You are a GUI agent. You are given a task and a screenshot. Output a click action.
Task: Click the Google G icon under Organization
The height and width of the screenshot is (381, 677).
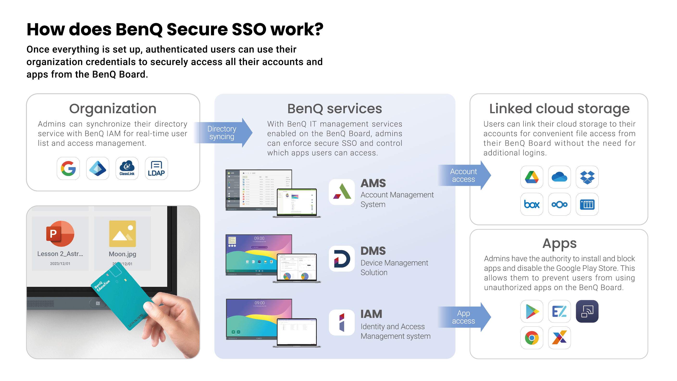pyautogui.click(x=68, y=168)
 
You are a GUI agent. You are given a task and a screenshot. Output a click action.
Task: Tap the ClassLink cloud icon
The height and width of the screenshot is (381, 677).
pyautogui.click(x=127, y=168)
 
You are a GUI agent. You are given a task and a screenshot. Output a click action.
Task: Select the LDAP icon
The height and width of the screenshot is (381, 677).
pyautogui.click(x=156, y=168)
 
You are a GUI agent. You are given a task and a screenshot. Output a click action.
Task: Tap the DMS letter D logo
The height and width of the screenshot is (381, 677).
pyautogui.click(x=342, y=258)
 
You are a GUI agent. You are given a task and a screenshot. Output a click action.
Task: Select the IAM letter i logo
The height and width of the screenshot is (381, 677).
pyautogui.click(x=342, y=322)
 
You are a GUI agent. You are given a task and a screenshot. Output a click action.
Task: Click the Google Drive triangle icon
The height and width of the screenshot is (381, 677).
pyautogui.click(x=532, y=177)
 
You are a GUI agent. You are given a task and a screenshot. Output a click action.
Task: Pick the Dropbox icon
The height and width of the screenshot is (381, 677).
pyautogui.click(x=587, y=177)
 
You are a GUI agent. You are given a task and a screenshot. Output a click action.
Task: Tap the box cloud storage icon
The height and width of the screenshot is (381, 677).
pyautogui.click(x=532, y=204)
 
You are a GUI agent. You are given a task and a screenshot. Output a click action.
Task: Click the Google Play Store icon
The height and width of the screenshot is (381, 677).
pyautogui.click(x=532, y=311)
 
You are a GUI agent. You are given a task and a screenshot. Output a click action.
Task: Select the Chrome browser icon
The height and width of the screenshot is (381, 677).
pyautogui.click(x=532, y=338)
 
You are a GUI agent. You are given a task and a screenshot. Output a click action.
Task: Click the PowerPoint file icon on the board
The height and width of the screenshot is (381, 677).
pyautogui.click(x=60, y=233)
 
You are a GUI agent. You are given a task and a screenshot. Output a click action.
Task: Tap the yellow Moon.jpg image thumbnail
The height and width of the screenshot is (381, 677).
pyautogui.click(x=123, y=233)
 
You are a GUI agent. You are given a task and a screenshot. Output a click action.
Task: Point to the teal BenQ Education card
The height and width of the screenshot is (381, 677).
pyautogui.click(x=124, y=297)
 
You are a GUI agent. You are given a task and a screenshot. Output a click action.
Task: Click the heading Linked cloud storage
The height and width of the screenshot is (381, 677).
pyautogui.click(x=559, y=109)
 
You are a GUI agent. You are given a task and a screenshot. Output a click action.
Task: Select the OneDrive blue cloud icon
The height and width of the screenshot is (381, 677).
pyautogui.click(x=559, y=177)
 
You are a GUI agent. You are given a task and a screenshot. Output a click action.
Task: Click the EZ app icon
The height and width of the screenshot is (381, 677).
pyautogui.click(x=559, y=311)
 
